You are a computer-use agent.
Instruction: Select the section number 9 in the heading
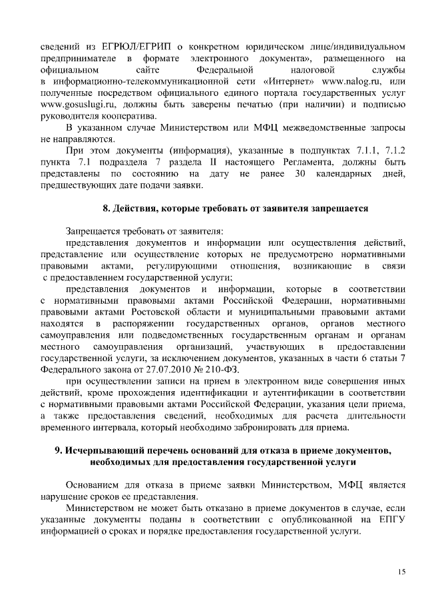click(x=57, y=450)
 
